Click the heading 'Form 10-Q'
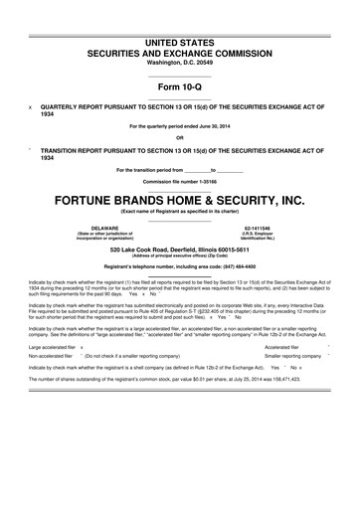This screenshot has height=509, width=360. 179,86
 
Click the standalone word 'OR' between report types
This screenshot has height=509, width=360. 179,137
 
